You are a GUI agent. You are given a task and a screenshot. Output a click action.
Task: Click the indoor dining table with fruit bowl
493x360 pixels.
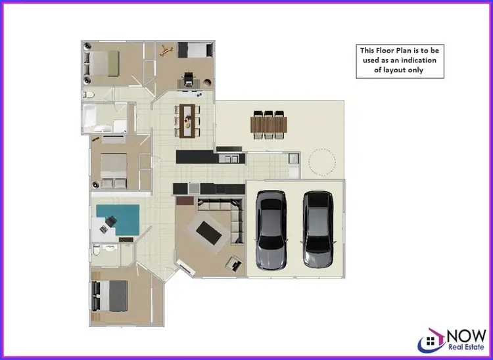pyautogui.click(x=189, y=119)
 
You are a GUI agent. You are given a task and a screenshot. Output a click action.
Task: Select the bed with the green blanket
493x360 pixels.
pyautogui.click(x=105, y=64)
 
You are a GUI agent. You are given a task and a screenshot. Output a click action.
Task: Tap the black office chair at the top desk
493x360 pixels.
pyautogui.click(x=189, y=79)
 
